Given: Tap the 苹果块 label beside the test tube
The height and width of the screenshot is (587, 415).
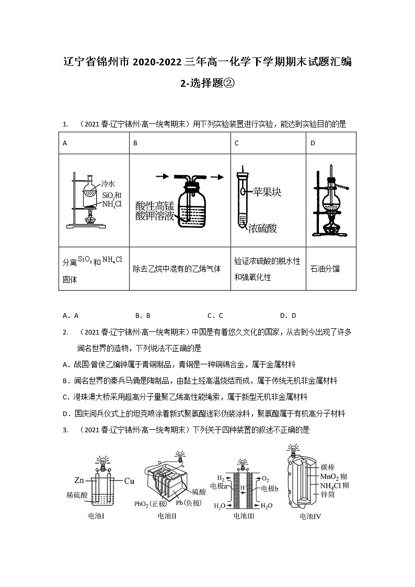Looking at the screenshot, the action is (267, 192).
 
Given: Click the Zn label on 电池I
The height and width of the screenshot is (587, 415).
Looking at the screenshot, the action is (79, 480).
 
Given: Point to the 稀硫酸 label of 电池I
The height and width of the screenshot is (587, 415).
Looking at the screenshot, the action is (77, 494).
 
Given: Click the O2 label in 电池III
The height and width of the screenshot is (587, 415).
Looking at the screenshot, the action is (266, 478).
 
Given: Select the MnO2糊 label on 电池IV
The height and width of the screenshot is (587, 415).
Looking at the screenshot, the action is (335, 477).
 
